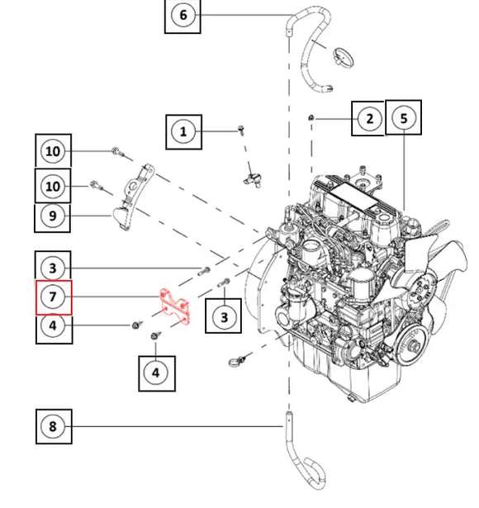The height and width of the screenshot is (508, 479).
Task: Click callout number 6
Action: click(x=183, y=15)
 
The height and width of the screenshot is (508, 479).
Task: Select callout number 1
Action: click(x=183, y=131)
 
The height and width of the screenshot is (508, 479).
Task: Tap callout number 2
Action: click(x=369, y=119)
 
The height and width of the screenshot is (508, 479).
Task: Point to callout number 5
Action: click(x=404, y=118)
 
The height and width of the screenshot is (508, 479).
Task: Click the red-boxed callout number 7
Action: click(x=53, y=297)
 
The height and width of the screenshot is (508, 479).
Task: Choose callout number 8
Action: click(x=53, y=426)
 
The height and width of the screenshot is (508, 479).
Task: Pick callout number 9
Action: click(x=53, y=216)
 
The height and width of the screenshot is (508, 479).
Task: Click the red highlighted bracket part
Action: click(x=175, y=306)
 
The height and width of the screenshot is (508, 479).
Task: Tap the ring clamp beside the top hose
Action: click(x=344, y=57)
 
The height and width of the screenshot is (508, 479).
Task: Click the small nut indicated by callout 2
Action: click(x=311, y=117)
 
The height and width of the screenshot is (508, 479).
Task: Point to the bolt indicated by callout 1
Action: click(x=241, y=130)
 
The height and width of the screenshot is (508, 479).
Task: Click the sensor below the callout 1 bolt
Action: click(x=253, y=179)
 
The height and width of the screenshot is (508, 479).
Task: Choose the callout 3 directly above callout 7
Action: click(x=53, y=268)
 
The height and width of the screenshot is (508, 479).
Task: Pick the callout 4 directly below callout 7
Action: click(x=54, y=325)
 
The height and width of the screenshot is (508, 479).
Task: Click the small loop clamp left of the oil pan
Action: click(x=236, y=361)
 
